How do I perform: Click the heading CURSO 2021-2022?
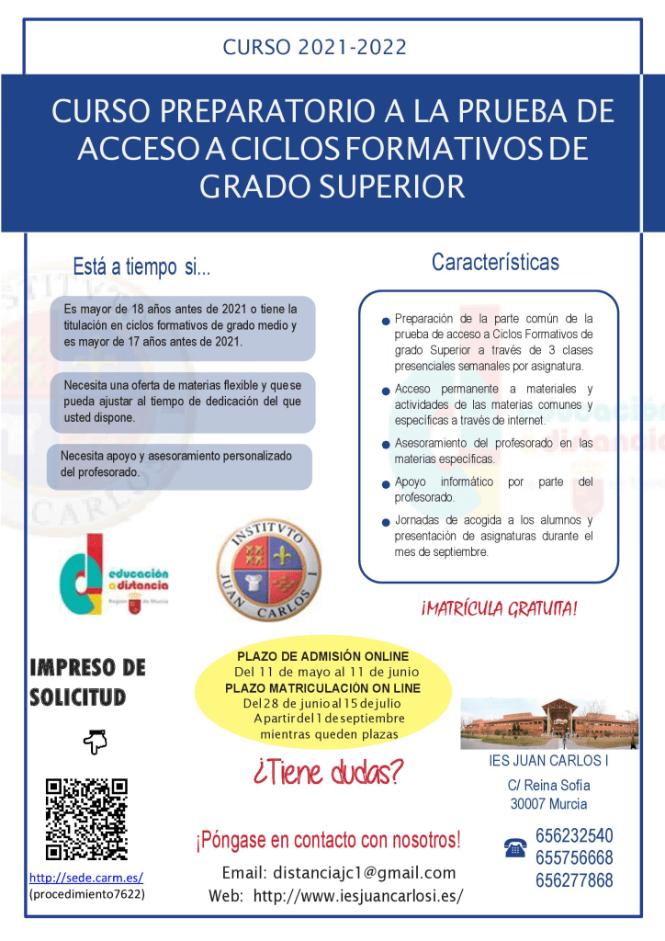click(315, 47)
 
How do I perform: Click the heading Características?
click(495, 262)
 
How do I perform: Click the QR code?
click(86, 819)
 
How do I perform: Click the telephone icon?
click(515, 848)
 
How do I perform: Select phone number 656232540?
click(574, 836)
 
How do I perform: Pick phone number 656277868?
click(574, 880)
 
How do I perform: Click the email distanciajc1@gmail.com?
click(339, 873)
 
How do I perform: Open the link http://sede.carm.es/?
click(86, 878)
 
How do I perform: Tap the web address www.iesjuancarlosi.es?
click(357, 896)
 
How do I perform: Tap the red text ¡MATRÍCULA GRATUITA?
click(499, 609)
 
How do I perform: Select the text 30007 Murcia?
click(548, 804)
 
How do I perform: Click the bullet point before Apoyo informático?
click(387, 485)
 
